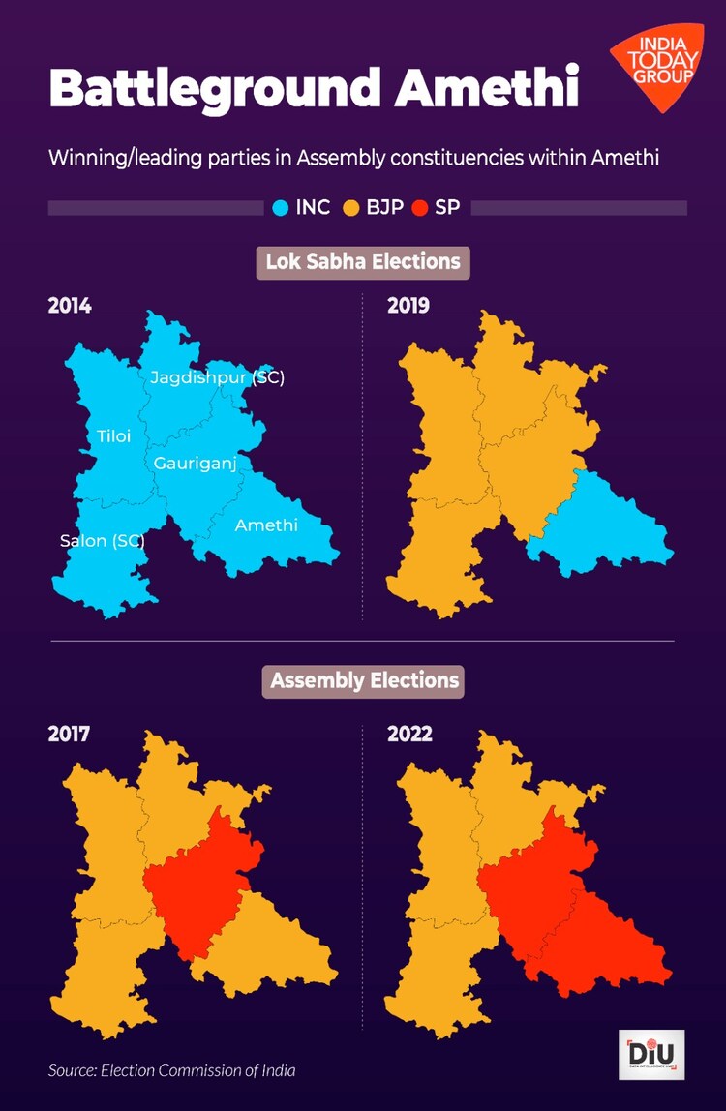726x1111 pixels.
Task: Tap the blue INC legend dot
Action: click(x=282, y=207)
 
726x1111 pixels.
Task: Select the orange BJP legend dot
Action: click(x=351, y=207)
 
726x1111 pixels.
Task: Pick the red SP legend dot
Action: click(x=420, y=207)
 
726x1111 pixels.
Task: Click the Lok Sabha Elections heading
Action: click(x=363, y=261)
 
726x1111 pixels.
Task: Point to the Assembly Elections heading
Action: click(x=364, y=680)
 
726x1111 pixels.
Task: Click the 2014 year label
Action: click(x=70, y=307)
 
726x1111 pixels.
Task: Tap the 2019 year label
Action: click(x=408, y=307)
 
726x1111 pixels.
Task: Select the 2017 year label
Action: click(x=70, y=734)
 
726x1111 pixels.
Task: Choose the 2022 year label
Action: click(x=409, y=734)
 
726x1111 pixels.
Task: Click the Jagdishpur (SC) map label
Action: click(x=217, y=378)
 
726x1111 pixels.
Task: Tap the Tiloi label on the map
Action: click(x=113, y=436)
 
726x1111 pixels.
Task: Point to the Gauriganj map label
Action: click(x=195, y=465)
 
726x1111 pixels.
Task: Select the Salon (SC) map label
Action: click(x=102, y=541)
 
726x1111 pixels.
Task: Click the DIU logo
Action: click(x=650, y=1054)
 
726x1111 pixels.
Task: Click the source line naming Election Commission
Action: click(x=172, y=1069)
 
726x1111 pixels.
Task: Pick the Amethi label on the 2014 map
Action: click(x=266, y=525)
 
